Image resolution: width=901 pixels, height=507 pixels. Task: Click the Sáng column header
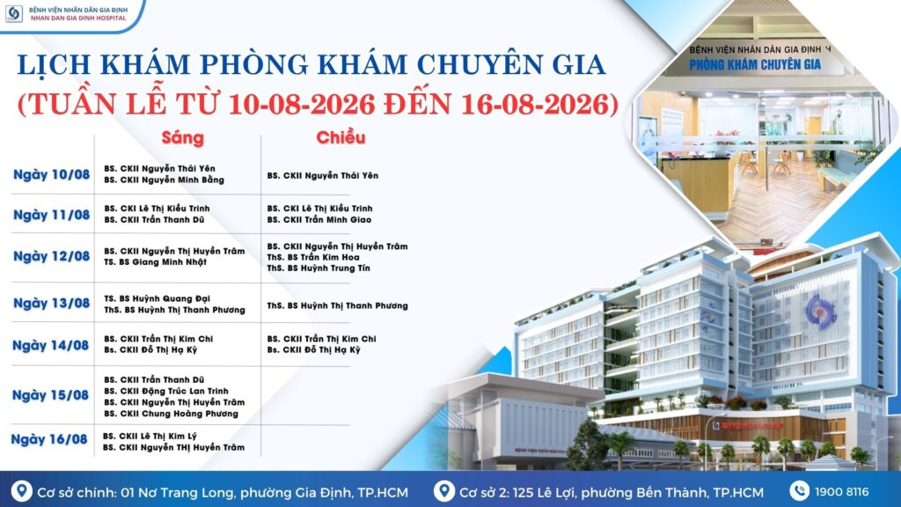(x=183, y=138)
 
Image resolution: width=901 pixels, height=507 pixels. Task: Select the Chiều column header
(x=341, y=138)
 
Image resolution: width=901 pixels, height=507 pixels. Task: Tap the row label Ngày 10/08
(x=52, y=175)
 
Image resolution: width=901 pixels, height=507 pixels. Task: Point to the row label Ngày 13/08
(x=52, y=304)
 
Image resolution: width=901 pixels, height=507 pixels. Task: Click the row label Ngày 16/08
(x=49, y=440)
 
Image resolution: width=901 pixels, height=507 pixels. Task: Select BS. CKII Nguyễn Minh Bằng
(x=165, y=180)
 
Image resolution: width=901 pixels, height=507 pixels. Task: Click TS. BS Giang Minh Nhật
(x=155, y=262)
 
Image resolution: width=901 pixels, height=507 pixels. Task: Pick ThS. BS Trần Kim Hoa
(x=313, y=258)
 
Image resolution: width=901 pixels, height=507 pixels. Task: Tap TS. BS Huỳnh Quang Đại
(x=157, y=298)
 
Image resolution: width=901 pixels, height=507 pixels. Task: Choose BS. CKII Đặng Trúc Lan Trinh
(x=166, y=391)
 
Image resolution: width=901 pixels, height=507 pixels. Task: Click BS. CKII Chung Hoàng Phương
(x=172, y=414)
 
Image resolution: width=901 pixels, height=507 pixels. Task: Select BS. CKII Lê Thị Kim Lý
(x=150, y=437)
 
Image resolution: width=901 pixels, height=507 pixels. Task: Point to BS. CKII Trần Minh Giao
(x=319, y=219)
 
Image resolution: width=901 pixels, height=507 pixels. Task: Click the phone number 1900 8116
(x=842, y=492)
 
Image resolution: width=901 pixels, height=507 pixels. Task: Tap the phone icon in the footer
(x=799, y=491)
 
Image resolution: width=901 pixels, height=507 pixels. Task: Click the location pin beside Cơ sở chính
(x=22, y=491)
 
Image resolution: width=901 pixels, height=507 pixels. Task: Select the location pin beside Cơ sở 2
(x=443, y=491)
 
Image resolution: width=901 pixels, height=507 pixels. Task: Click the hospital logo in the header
(x=14, y=14)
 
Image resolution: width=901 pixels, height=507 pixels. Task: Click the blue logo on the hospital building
(x=821, y=311)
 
